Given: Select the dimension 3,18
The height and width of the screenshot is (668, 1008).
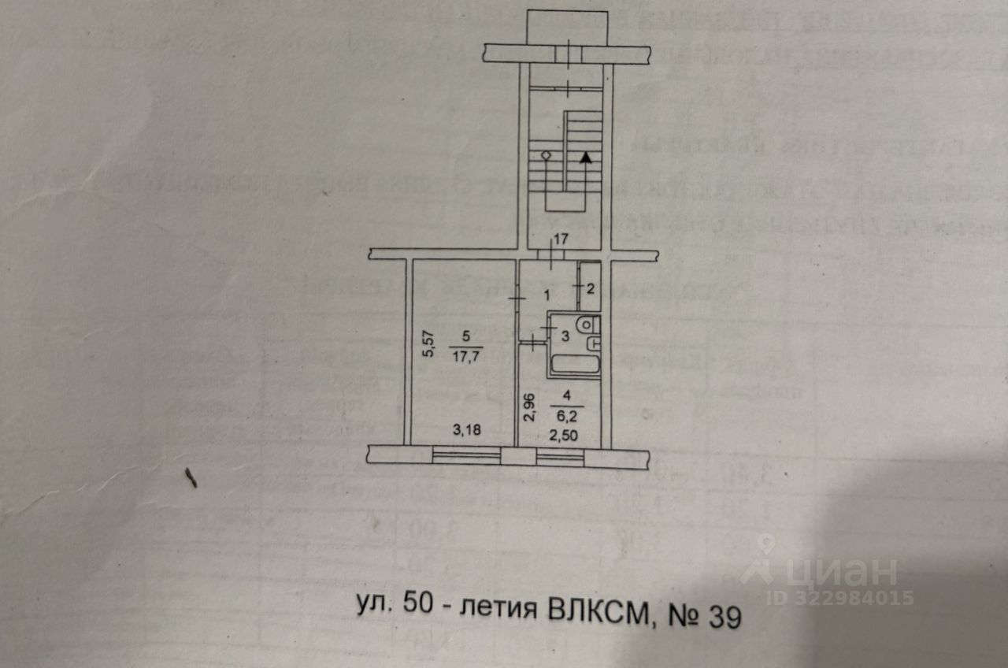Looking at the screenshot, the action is (x=468, y=430).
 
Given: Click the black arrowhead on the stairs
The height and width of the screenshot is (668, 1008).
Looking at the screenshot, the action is (x=586, y=157).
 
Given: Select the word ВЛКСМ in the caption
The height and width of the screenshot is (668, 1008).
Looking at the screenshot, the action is (x=599, y=612).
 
